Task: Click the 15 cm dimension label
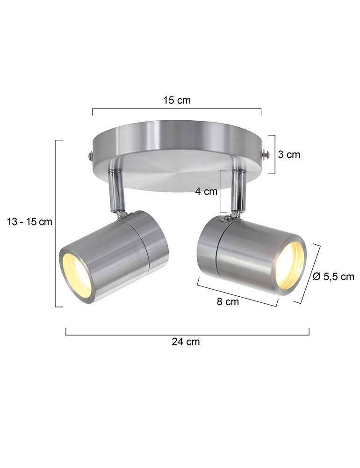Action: pos(177,100)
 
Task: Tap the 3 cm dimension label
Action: pos(289,154)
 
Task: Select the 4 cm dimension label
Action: pos(206,191)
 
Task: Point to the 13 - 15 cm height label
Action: pos(29,222)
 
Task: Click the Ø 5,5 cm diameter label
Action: pos(333,277)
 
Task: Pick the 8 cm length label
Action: pos(228,302)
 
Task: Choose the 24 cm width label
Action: pos(186,342)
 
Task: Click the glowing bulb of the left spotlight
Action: pos(77,275)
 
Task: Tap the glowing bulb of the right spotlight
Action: pos(289,266)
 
